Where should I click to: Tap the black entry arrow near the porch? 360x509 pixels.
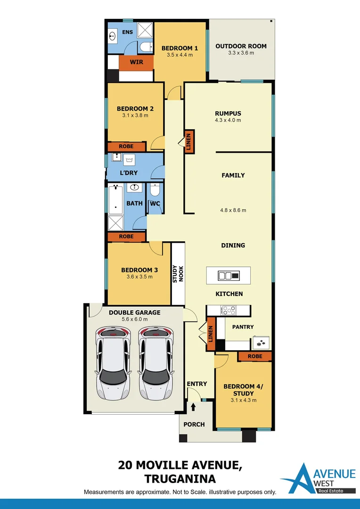[193, 406]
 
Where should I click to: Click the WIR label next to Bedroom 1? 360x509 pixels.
[136, 62]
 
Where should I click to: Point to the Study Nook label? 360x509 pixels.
[178, 274]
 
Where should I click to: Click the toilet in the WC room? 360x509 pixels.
[155, 191]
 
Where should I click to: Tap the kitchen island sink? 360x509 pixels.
[229, 275]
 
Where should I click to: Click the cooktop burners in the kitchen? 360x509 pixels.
[229, 310]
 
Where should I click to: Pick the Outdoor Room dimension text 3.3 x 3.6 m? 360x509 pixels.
[241, 53]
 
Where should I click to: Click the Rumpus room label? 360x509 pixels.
[228, 113]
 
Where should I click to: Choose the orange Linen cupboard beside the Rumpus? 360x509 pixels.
[189, 142]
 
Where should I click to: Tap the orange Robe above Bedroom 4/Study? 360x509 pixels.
[255, 356]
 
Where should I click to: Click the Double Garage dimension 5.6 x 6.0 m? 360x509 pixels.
[135, 319]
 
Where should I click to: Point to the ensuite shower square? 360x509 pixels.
[146, 31]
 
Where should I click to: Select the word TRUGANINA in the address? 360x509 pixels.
[180, 479]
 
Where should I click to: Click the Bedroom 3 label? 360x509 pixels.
[139, 270]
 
